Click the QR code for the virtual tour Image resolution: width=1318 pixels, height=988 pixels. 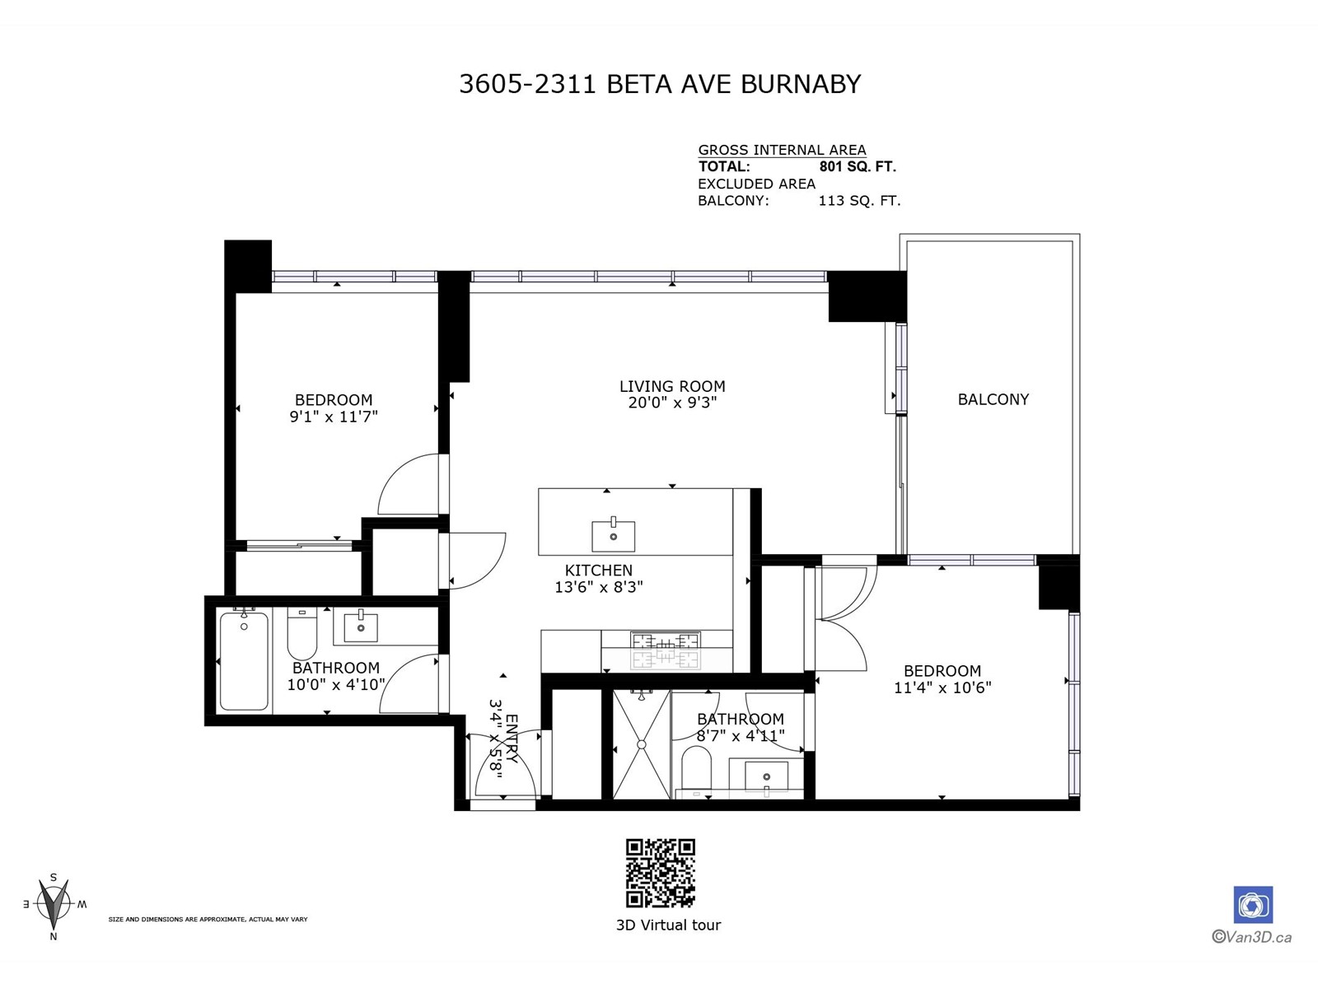click(660, 873)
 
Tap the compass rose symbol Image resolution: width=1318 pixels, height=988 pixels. click(54, 906)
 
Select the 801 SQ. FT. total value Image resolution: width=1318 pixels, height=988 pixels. click(858, 166)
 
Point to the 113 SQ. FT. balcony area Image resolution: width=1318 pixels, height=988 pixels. click(859, 200)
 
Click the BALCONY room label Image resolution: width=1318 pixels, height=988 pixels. click(993, 399)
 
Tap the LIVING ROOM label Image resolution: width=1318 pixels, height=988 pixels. click(672, 386)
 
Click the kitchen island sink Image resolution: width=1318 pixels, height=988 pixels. click(613, 536)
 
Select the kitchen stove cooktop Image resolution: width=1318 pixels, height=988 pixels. click(665, 650)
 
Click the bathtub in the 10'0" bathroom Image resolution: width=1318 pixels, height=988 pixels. click(244, 660)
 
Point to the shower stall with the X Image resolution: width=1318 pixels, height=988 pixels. click(641, 744)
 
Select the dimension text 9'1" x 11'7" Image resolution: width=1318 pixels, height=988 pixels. click(334, 417)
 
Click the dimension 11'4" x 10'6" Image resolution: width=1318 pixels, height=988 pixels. click(942, 687)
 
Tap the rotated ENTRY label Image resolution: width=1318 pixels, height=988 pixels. click(512, 738)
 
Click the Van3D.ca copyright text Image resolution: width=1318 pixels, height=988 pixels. click(1251, 936)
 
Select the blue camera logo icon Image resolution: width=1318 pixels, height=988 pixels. click(1252, 905)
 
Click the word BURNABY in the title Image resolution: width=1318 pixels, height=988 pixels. click(801, 84)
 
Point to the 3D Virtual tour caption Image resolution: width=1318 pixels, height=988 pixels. click(668, 925)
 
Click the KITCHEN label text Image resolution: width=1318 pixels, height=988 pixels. click(599, 570)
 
